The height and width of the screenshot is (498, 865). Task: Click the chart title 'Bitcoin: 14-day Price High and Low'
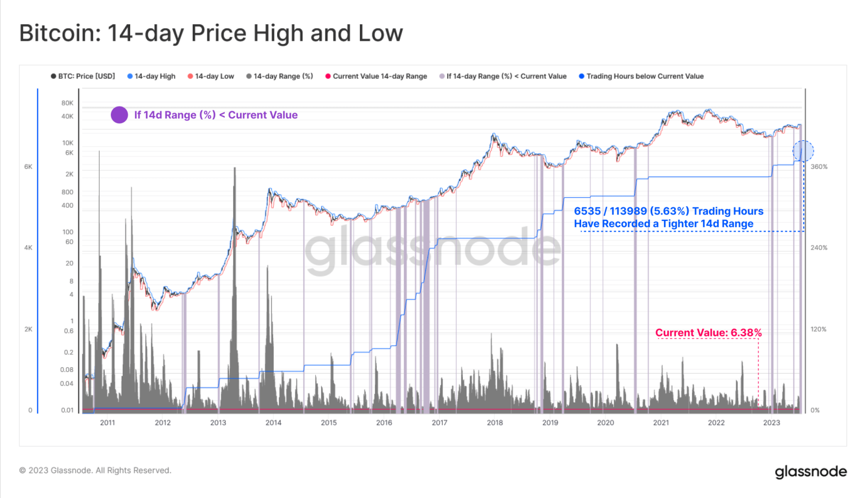click(211, 33)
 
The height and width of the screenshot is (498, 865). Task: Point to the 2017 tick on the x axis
click(439, 423)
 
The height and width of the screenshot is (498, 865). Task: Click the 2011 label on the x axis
click(107, 423)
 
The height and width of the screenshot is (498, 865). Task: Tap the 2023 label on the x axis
click(771, 423)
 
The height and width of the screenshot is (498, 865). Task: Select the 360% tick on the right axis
click(819, 167)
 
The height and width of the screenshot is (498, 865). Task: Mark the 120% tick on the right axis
click(818, 329)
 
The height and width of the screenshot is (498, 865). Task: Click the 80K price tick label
click(67, 103)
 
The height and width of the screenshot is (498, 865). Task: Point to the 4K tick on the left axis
click(28, 248)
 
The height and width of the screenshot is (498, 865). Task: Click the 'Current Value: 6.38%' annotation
click(708, 332)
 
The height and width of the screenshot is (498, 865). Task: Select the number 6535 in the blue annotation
click(587, 211)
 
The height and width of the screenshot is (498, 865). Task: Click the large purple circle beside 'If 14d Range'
click(119, 115)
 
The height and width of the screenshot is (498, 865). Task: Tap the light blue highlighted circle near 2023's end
click(803, 151)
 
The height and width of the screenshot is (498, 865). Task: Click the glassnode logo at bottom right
click(810, 472)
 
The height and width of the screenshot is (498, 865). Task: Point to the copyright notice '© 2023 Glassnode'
click(95, 470)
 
